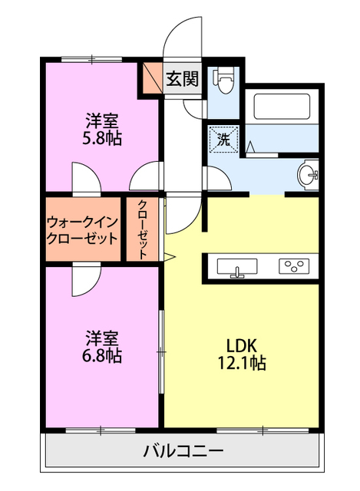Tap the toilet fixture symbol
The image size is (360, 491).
[224, 81]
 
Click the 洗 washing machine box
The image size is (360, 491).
[223, 140]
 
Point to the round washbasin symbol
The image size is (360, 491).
[309, 173]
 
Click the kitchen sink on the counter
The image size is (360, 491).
[238, 268]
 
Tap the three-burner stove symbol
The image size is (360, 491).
[294, 267]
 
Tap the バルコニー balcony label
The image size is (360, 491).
[183, 450]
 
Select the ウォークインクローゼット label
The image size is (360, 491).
[82, 230]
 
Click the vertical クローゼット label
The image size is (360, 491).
[143, 230]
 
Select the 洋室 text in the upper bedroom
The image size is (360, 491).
[102, 120]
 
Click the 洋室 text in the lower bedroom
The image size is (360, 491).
[102, 338]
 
